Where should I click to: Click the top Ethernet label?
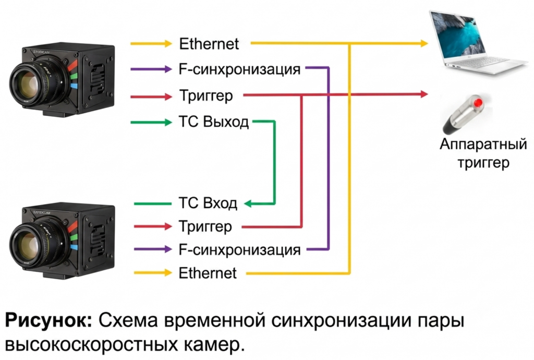click(209, 44)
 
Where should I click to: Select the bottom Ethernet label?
click(208, 273)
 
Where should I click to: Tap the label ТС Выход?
click(213, 122)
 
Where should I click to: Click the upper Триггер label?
click(206, 95)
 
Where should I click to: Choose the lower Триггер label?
click(205, 226)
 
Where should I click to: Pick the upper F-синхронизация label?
click(239, 69)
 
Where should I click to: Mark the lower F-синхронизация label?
click(239, 249)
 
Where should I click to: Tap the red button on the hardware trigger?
click(479, 102)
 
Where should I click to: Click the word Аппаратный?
click(483, 144)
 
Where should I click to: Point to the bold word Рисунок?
click(48, 321)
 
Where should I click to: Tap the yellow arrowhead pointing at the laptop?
click(424, 43)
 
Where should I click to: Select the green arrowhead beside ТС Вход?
click(248, 203)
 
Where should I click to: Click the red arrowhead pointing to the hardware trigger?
click(424, 94)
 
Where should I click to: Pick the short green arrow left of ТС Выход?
click(151, 122)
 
